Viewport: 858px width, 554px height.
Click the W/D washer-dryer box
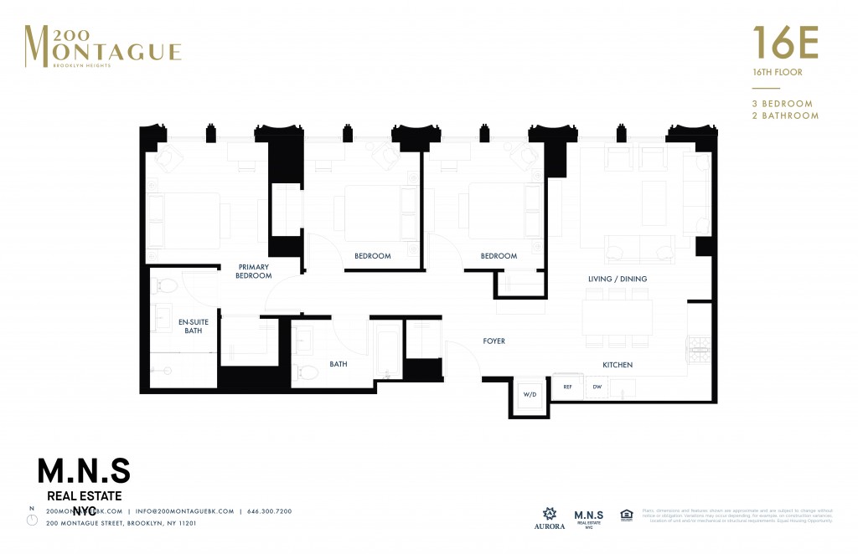[x=530, y=394]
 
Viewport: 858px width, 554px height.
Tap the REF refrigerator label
[x=567, y=387]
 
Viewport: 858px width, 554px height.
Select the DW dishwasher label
[x=597, y=387]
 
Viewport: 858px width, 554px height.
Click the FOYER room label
[x=494, y=341]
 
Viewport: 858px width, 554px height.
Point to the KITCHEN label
[x=618, y=365]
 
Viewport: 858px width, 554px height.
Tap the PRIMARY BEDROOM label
[x=253, y=271]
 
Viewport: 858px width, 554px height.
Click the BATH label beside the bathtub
[x=338, y=364]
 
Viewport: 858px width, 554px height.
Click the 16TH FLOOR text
[x=777, y=73]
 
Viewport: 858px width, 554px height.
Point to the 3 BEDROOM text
[x=783, y=104]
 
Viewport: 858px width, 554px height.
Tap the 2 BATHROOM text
[x=785, y=115]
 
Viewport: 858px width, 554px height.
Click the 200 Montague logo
[x=102, y=47]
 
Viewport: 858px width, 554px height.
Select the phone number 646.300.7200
[x=269, y=510]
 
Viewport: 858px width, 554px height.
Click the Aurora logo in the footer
[x=550, y=517]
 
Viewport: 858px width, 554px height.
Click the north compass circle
[x=32, y=520]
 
